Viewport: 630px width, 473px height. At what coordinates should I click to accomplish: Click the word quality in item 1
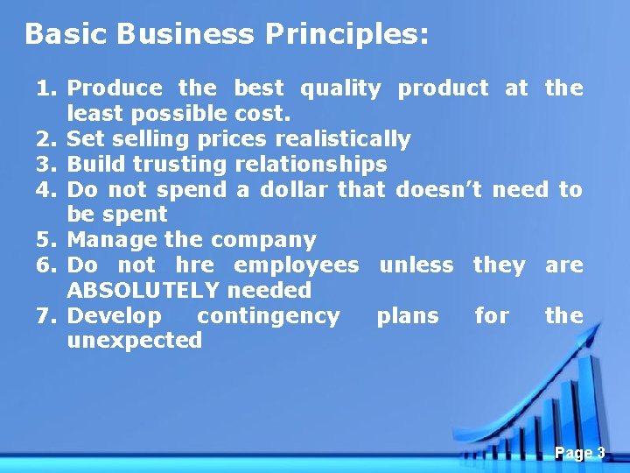click(340, 88)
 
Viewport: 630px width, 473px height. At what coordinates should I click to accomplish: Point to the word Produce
click(114, 88)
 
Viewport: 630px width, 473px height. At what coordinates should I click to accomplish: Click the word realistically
click(342, 139)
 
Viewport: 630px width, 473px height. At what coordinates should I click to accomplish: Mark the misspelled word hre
click(194, 265)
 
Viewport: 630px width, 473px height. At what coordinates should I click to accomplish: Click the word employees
click(297, 265)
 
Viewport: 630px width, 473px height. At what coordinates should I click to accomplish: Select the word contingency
click(269, 315)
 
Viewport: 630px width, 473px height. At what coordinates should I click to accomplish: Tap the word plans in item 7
click(408, 315)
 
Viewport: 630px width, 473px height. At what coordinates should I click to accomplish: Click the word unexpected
click(134, 341)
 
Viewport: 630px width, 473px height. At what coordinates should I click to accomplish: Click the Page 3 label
click(579, 453)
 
